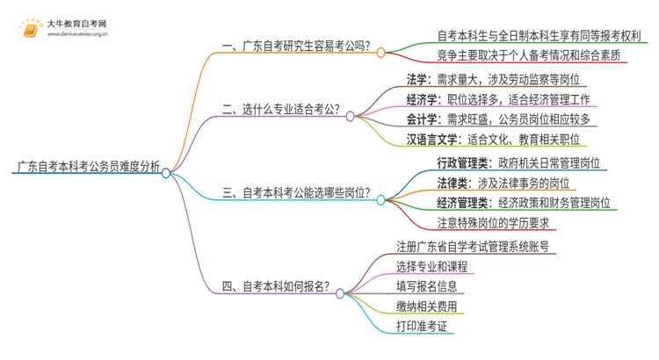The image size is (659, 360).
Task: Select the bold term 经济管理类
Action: (462, 202)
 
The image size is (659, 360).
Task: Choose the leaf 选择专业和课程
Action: (431, 267)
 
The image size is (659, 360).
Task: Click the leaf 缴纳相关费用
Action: (425, 306)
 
